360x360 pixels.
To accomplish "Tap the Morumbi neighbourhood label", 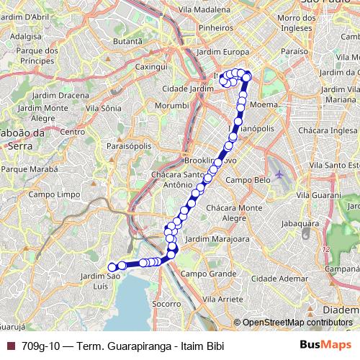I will point(171,105).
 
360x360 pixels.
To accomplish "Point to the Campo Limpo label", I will point(50,194).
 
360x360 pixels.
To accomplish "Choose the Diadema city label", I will point(341,309).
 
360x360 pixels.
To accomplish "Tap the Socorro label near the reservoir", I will point(166,304).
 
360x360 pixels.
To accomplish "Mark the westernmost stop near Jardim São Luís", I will point(112,267).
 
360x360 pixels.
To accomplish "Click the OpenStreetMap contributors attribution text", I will point(296,322).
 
